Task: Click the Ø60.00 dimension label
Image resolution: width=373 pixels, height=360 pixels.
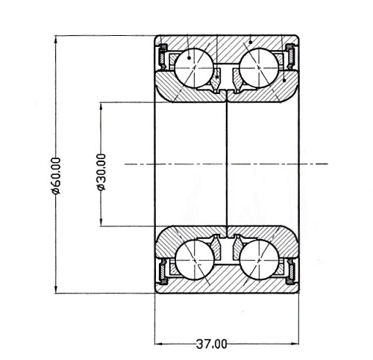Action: (x=56, y=176)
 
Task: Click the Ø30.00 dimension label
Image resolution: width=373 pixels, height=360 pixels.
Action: (x=101, y=173)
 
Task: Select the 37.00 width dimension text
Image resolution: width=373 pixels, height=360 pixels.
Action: (x=212, y=344)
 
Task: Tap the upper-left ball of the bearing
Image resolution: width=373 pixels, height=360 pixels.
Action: (x=194, y=68)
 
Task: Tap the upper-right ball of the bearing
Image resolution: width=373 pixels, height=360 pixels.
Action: (x=259, y=68)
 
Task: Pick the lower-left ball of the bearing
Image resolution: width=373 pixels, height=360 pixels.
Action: (x=195, y=260)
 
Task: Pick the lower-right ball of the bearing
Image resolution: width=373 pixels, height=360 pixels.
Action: (x=259, y=260)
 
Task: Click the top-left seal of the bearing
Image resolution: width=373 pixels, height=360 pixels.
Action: (x=163, y=57)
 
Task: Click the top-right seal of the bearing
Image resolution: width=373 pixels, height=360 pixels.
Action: (x=290, y=57)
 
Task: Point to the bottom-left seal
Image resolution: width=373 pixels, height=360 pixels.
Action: (x=163, y=272)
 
